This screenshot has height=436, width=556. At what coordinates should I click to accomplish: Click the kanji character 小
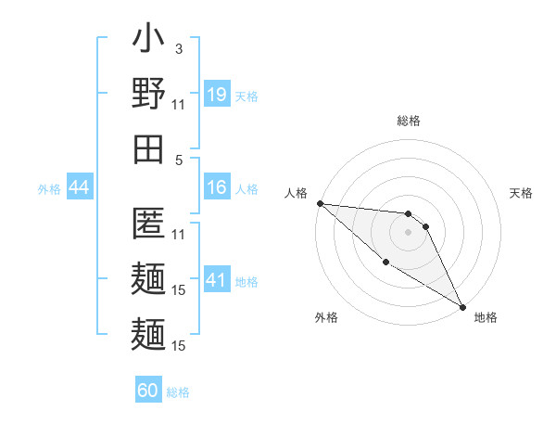pos(148,41)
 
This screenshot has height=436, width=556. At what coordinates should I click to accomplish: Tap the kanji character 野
pos(148,95)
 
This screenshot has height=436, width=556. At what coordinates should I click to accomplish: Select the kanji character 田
pos(148,148)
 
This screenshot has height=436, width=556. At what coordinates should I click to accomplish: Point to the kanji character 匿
pos(148,223)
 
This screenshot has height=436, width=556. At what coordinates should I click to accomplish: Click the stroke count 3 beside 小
pos(178,48)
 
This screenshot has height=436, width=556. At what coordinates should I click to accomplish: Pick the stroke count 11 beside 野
pos(180,104)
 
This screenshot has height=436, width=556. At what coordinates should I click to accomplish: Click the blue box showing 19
pos(217,95)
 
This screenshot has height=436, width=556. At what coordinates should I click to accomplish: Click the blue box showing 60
pos(148,391)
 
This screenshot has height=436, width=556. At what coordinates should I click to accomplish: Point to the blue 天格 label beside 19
pos(246,96)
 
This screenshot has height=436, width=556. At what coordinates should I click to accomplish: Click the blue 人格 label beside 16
pos(246,189)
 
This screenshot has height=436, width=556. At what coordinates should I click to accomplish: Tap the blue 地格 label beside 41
pos(246,282)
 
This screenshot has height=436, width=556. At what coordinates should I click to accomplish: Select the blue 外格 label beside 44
pos(49,189)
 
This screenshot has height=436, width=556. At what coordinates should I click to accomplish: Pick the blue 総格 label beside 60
pos(178,392)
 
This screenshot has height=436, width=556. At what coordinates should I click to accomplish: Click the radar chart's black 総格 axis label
pos(408,121)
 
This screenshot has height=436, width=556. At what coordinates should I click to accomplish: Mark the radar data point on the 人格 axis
pos(320,203)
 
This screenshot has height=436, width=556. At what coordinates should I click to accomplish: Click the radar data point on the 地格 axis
pos(461,306)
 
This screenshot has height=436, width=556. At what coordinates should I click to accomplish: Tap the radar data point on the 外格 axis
pos(385,263)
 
